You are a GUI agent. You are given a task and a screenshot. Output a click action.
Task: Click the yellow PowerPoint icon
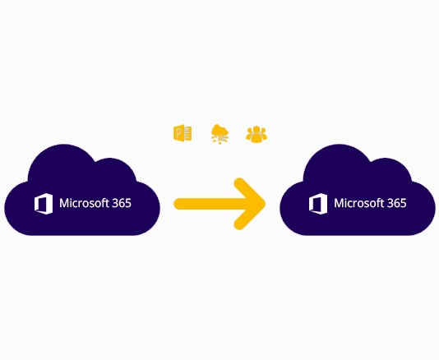(x=183, y=133)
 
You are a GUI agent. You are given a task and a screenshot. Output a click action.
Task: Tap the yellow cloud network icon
(x=219, y=134)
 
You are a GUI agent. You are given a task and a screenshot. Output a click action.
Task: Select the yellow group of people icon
(x=256, y=134)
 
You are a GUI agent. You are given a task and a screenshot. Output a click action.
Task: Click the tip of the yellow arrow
(x=264, y=204)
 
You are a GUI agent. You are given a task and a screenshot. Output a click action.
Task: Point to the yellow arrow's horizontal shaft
(x=213, y=204)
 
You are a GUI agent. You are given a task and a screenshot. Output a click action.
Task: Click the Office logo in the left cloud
(x=44, y=204)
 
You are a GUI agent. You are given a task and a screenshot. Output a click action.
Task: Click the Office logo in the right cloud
(x=318, y=204)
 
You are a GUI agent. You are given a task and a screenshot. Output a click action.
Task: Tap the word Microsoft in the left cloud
(x=84, y=203)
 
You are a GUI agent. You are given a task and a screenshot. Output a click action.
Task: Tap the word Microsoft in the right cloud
(x=358, y=203)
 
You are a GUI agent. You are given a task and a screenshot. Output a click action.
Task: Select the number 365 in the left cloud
(x=122, y=203)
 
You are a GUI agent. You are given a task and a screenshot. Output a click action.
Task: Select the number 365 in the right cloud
(x=396, y=203)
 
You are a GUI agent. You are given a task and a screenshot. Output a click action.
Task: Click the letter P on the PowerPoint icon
(x=178, y=133)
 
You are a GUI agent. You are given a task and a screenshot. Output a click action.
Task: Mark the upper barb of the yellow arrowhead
(x=248, y=191)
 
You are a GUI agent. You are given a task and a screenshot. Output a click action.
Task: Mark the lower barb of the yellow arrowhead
(x=248, y=217)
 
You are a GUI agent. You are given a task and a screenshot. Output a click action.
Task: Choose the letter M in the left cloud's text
(x=64, y=203)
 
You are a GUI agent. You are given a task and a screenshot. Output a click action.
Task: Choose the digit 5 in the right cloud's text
(x=403, y=203)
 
